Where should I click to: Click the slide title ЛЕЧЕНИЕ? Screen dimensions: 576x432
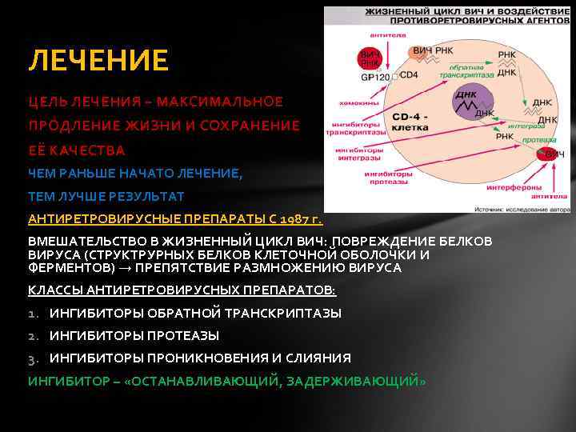(98, 60)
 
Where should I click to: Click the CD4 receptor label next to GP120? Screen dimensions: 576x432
(409, 75)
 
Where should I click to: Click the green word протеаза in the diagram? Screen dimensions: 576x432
(534, 139)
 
